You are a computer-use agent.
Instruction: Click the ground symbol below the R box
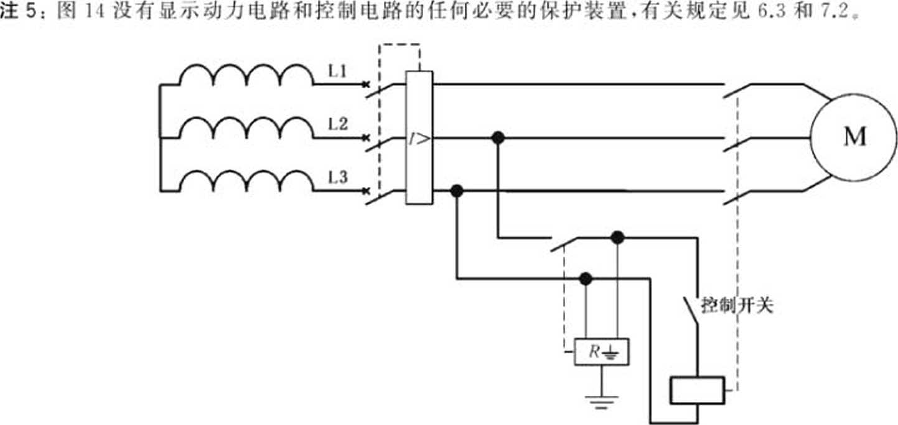click(x=601, y=401)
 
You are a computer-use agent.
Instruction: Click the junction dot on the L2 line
click(x=497, y=137)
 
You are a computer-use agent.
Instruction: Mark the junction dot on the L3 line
click(x=457, y=191)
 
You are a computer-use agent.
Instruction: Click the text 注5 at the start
click(x=18, y=12)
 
